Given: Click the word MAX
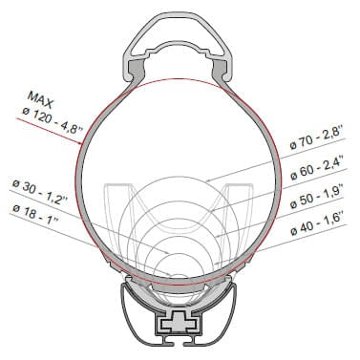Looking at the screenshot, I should click(41, 97).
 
